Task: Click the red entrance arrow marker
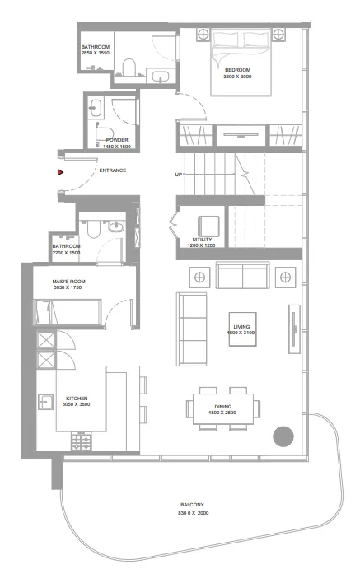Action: [60, 172]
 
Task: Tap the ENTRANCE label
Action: [112, 170]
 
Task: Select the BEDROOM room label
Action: [237, 70]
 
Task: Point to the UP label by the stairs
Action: [178, 175]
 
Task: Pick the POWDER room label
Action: [117, 140]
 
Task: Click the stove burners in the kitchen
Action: [82, 443]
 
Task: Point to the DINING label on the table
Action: [223, 407]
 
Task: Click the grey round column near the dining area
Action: [284, 435]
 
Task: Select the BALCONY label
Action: [193, 505]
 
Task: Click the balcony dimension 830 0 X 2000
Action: [193, 513]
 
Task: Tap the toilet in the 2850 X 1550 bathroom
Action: [129, 68]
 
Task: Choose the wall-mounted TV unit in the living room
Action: [292, 327]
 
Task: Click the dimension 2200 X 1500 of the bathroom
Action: [66, 253]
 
